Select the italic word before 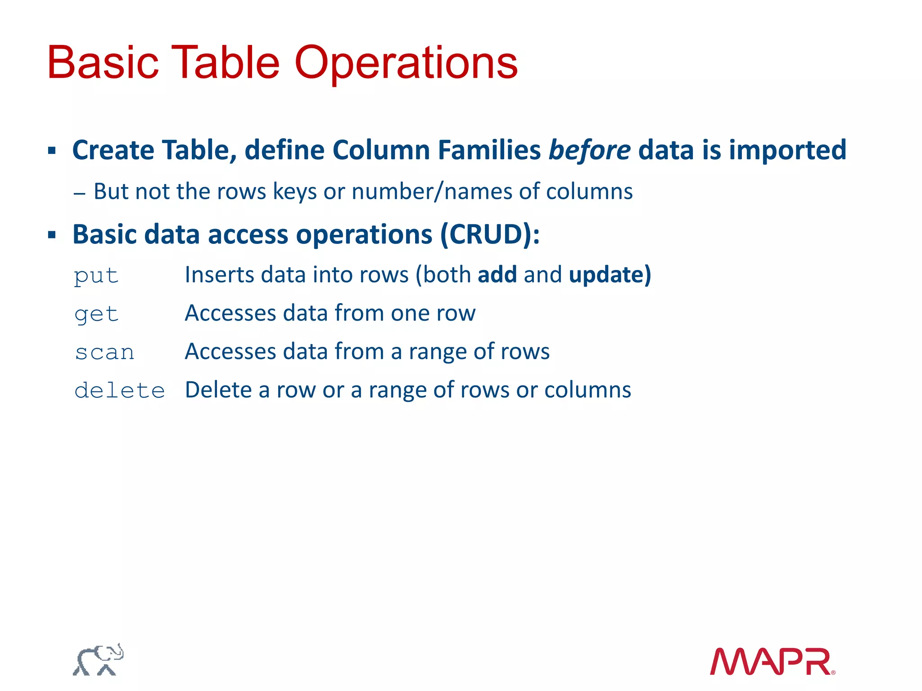589,150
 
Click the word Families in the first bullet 489,150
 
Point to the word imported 787,150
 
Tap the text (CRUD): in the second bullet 490,234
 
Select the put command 96,275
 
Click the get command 96,314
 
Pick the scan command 104,352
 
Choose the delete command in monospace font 120,390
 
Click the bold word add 497,274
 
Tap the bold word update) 610,274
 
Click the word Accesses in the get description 230,313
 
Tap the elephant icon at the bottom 98,660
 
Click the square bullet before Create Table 52,150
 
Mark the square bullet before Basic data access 52,235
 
